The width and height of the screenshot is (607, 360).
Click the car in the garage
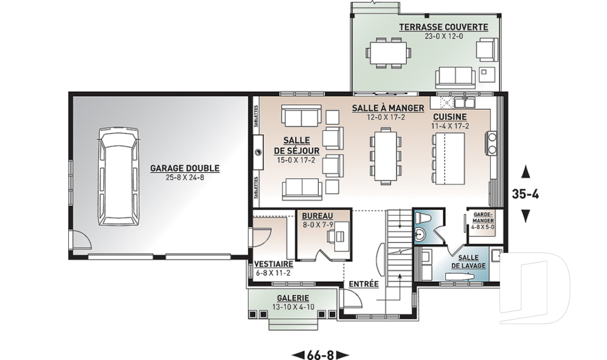click(118, 177)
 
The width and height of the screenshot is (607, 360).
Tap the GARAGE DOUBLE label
click(185, 168)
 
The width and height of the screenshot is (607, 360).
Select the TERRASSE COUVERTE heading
click(444, 27)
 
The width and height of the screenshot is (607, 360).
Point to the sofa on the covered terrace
click(455, 77)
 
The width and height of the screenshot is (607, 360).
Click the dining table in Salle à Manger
click(386, 156)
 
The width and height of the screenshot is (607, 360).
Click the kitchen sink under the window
click(465, 102)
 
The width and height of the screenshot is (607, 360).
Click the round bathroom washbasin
click(419, 234)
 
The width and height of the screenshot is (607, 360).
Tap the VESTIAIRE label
click(273, 264)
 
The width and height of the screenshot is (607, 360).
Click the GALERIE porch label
click(293, 298)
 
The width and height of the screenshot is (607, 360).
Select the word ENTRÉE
click(364, 283)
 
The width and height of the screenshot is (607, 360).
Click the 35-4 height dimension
click(525, 194)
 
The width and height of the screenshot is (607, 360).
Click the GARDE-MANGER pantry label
click(482, 217)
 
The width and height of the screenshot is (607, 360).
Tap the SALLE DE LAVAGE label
click(468, 261)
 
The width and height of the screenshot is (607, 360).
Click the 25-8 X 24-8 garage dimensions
click(184, 178)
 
